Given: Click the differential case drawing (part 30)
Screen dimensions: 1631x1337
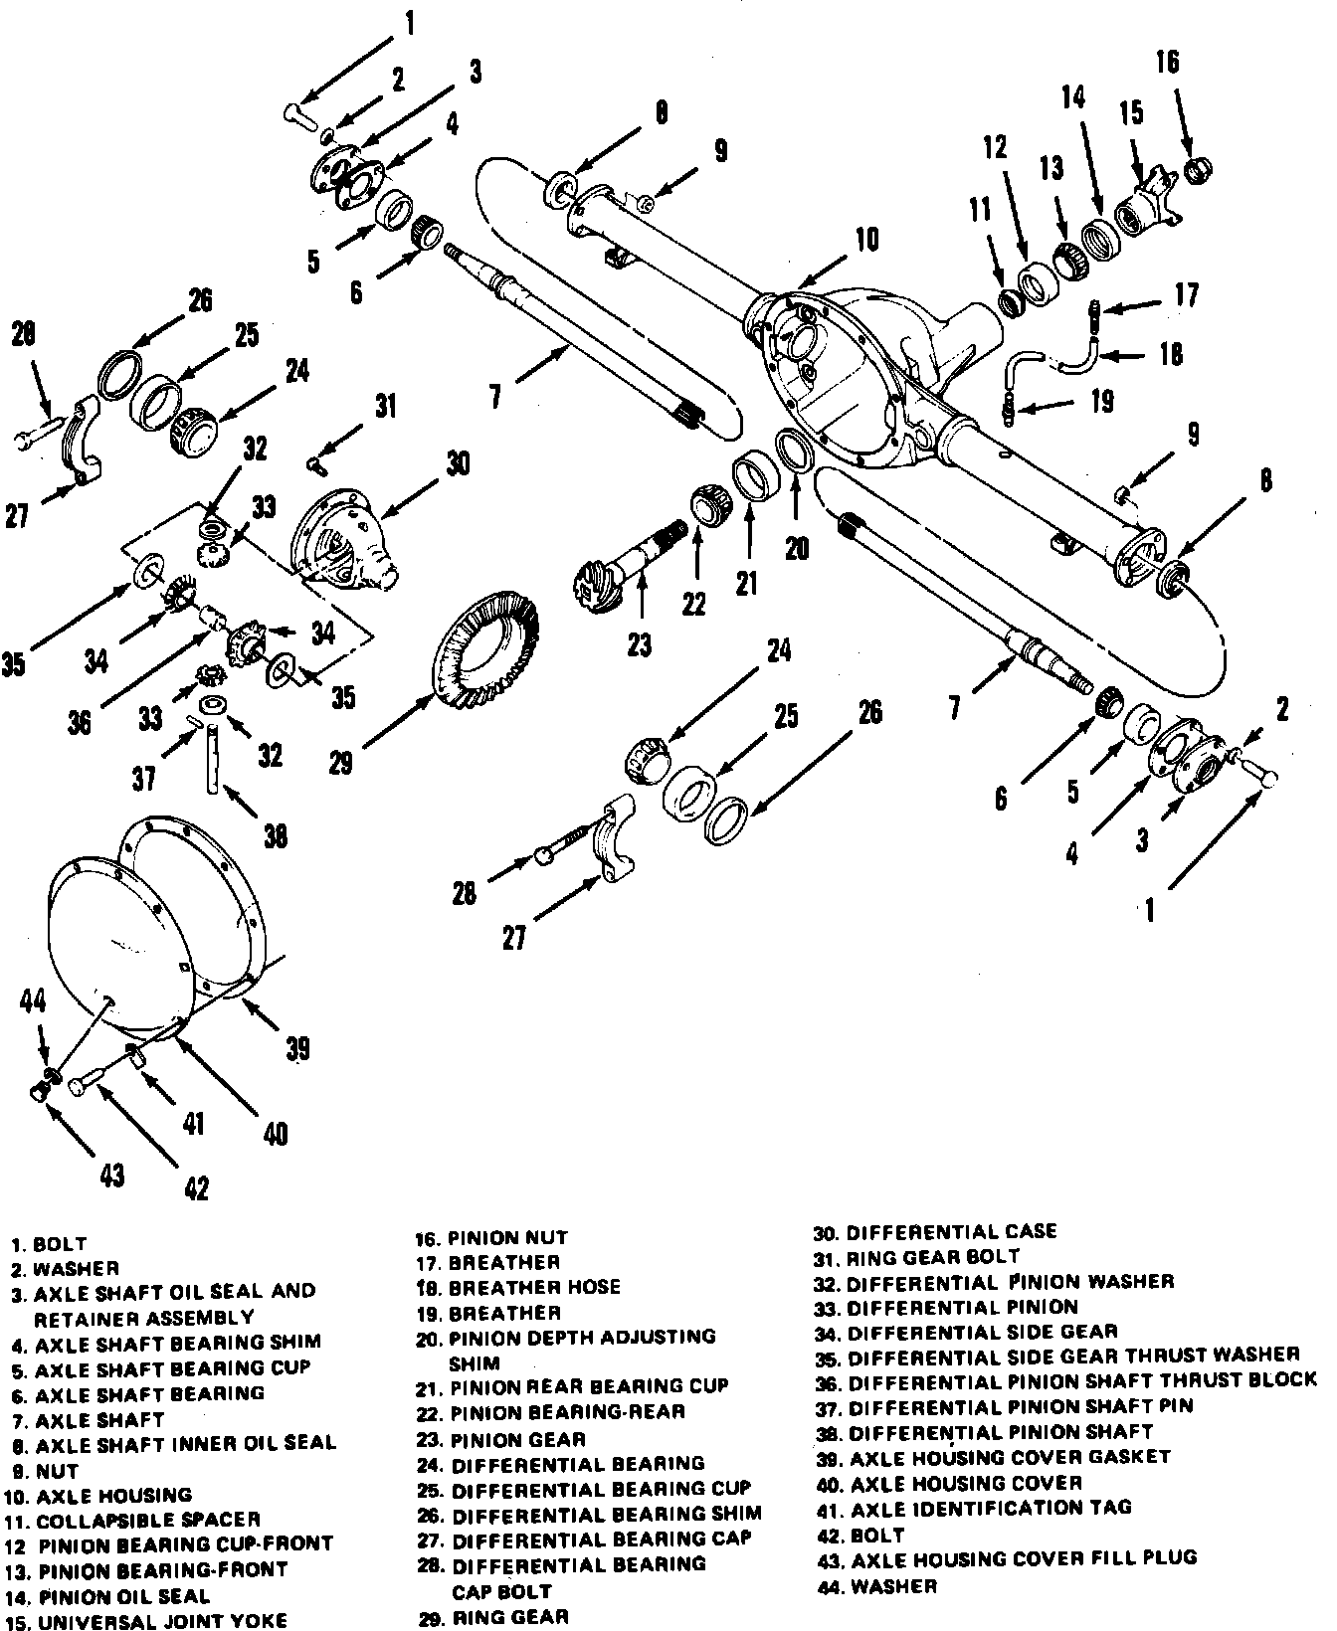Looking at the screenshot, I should [x=343, y=542].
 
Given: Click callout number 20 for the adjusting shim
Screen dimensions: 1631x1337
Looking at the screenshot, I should [x=797, y=548].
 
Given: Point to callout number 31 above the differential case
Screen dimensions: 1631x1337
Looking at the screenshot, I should [x=385, y=406].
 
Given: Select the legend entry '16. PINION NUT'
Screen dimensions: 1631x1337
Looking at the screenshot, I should [x=492, y=1238].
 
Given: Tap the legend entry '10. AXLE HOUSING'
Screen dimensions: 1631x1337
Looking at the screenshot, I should [x=101, y=1495].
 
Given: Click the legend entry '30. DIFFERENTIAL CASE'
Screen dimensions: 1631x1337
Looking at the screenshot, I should [x=935, y=1232].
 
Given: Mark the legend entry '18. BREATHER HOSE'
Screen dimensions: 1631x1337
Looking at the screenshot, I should [x=518, y=1287].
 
